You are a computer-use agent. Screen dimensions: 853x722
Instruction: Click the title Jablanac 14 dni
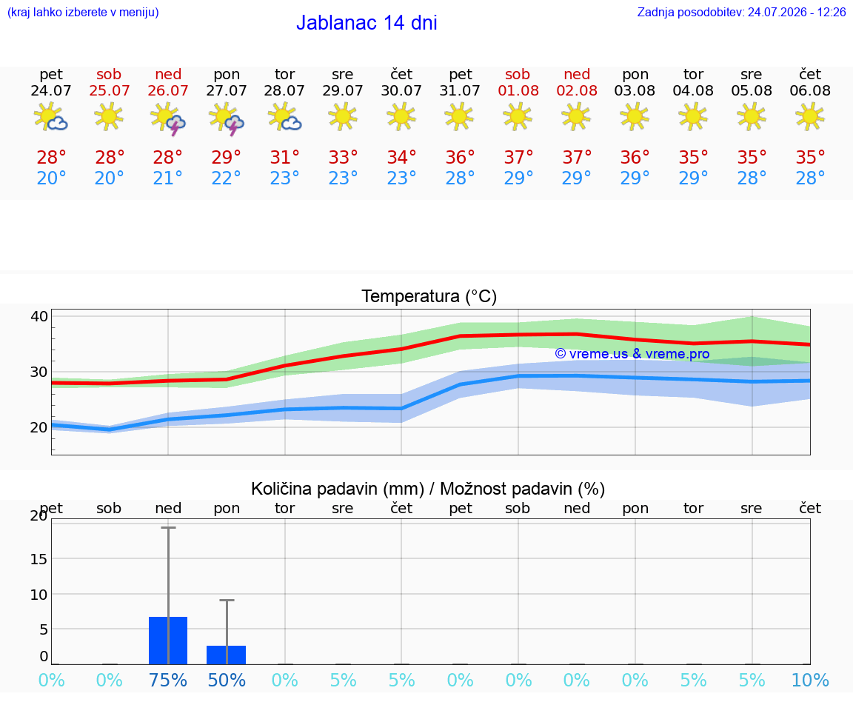coord(367,23)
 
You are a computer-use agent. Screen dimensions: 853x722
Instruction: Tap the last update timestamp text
coord(741,12)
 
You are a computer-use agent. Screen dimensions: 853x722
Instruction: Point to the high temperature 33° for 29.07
coord(343,157)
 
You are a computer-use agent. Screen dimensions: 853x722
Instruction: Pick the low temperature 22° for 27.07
coord(226,178)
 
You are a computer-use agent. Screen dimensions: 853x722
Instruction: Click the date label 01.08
coord(518,91)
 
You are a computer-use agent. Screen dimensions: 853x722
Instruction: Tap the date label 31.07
coord(460,91)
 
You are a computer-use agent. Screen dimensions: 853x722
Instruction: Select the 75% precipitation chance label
coord(168,680)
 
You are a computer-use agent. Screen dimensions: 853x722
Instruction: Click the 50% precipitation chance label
coord(227,680)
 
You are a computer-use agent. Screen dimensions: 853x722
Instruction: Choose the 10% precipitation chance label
coord(810,680)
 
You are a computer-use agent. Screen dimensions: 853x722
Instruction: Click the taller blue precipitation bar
coord(168,641)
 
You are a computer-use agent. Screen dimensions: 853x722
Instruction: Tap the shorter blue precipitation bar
coord(227,655)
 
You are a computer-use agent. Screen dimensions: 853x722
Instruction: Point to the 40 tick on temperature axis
coord(39,316)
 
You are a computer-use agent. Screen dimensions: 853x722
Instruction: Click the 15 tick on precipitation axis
coord(39,559)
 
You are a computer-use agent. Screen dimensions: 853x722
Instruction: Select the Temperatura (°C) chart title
coord(429,296)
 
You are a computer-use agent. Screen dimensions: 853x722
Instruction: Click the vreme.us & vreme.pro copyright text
coord(632,354)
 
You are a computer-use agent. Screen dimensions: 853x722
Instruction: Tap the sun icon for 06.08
coord(810,116)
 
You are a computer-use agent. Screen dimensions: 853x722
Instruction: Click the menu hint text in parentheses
coord(83,12)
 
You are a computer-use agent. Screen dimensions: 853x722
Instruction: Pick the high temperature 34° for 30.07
coord(401,157)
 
